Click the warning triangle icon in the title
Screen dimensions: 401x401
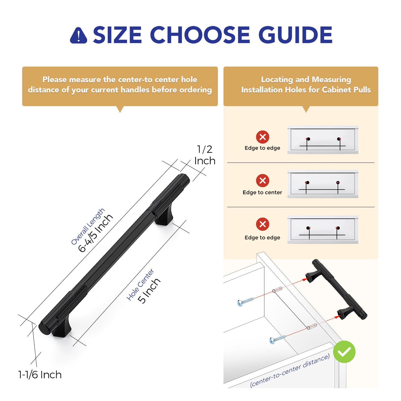click(x=78, y=35)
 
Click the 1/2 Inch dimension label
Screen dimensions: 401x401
click(x=205, y=155)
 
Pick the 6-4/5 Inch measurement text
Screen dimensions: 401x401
click(x=95, y=233)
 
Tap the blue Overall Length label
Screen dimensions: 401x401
click(x=88, y=226)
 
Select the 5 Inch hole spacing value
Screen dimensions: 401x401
click(x=149, y=291)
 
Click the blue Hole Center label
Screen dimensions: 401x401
click(x=140, y=284)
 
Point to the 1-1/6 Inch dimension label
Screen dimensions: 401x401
click(x=40, y=375)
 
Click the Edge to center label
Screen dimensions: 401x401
click(x=262, y=192)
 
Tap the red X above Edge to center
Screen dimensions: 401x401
click(x=263, y=180)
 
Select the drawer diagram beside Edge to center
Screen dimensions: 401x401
click(x=323, y=184)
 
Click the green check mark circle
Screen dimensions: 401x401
click(x=344, y=352)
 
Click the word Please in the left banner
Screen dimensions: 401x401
click(x=55, y=79)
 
